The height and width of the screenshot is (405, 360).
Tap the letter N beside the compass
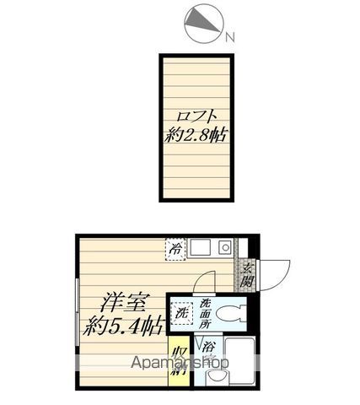point(230,35)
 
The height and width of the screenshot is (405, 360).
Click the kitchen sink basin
point(200,248)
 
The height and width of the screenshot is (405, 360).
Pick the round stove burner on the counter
point(224,248)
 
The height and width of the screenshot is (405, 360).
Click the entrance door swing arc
point(276,272)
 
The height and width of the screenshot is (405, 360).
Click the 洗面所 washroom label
point(205,315)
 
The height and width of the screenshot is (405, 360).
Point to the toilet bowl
point(228,315)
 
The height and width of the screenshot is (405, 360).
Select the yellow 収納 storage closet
point(179,361)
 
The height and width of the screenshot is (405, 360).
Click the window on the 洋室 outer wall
point(78,312)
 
